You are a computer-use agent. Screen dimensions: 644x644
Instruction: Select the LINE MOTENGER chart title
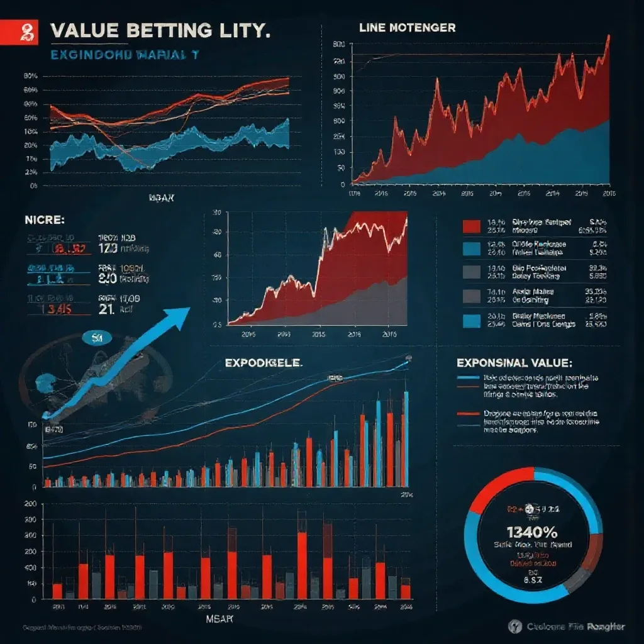(x=407, y=28)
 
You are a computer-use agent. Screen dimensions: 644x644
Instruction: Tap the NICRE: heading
(x=45, y=220)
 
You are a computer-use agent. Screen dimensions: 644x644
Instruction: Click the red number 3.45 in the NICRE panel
(x=57, y=309)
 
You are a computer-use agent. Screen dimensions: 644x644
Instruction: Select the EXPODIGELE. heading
(x=264, y=363)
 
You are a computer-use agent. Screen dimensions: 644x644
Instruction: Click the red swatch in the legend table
(x=471, y=227)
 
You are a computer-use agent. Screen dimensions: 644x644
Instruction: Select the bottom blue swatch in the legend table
(x=471, y=321)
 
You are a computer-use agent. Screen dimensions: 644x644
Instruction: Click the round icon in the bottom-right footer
(x=516, y=626)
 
